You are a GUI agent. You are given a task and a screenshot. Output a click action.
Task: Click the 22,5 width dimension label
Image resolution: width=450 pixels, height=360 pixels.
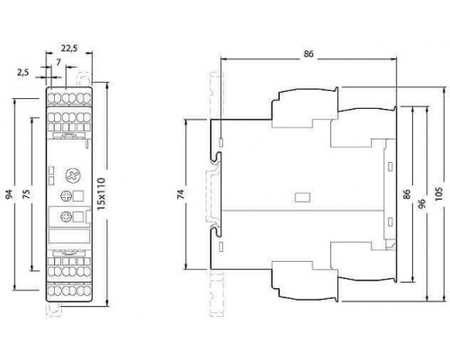[x=69, y=48]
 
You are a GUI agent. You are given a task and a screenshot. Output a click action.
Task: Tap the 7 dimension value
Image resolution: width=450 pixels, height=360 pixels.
[x=58, y=62]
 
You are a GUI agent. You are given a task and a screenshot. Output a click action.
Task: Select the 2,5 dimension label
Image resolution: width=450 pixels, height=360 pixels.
[x=22, y=73]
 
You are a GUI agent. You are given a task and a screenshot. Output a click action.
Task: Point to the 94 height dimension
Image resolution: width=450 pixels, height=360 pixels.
[x=9, y=194]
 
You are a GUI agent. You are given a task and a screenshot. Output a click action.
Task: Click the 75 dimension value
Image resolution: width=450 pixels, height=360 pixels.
[x=26, y=194]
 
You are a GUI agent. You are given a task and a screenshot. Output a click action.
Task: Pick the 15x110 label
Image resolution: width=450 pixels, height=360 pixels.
[x=102, y=193]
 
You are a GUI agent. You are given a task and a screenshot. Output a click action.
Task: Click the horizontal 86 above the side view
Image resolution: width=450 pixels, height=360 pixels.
[x=309, y=54]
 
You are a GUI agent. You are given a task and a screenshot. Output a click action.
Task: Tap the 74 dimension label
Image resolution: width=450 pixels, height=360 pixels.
[x=181, y=194]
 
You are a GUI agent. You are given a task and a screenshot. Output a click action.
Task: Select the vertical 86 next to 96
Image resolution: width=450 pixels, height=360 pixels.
[x=407, y=194]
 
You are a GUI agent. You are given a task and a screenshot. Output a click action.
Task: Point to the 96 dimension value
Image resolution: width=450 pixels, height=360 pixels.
[x=422, y=203]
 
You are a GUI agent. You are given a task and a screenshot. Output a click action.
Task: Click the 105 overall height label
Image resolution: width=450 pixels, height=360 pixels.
[x=438, y=194]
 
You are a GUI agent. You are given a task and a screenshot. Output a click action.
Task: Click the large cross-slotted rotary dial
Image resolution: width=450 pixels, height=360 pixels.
[x=73, y=175]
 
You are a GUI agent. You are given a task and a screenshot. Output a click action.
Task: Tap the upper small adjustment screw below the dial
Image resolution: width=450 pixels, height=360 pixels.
[x=65, y=196]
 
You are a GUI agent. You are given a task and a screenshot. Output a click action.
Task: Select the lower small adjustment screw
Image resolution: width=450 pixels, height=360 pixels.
[x=65, y=217]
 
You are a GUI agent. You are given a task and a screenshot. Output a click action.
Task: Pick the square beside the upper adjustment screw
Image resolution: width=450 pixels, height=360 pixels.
[x=78, y=196]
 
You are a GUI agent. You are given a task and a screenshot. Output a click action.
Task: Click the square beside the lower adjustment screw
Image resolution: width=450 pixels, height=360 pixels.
[x=78, y=217]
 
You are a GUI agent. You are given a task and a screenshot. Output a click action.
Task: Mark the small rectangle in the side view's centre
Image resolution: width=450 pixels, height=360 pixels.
[x=302, y=197]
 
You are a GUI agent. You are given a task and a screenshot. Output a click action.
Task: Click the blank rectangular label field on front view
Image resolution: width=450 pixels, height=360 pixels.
[x=68, y=235]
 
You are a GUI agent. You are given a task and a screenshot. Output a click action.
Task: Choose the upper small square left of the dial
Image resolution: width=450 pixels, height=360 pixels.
[x=51, y=170]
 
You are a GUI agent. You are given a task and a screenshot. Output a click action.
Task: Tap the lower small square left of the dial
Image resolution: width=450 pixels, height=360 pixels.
[x=51, y=181]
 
